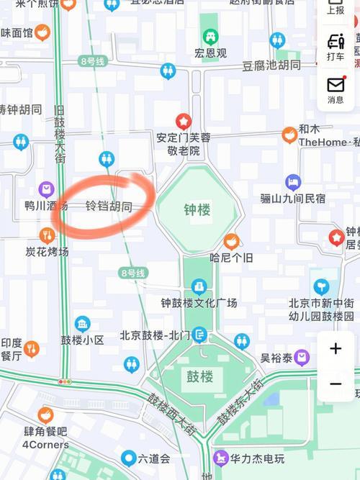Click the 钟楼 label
pyautogui.click(x=197, y=210)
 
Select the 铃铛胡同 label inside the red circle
pyautogui.click(x=109, y=207)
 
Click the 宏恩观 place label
pyautogui.click(x=210, y=53)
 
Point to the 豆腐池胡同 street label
pyautogui.click(x=271, y=65)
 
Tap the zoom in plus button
pyautogui.click(x=336, y=349)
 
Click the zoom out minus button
pyautogui.click(x=336, y=384)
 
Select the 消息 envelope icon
pyautogui.click(x=336, y=84)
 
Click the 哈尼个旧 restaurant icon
pyautogui.click(x=231, y=241)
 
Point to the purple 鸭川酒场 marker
pyautogui.click(x=47, y=189)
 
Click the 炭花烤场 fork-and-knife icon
pyautogui.click(x=47, y=235)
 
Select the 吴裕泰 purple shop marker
pyautogui.click(x=302, y=357)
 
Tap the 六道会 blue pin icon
pyautogui.click(x=129, y=458)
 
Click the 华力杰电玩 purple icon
pyautogui.click(x=221, y=458)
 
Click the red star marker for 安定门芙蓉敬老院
pyautogui.click(x=184, y=121)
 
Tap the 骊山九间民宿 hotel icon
pyautogui.click(x=292, y=182)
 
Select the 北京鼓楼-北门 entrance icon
pyautogui.click(x=199, y=335)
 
